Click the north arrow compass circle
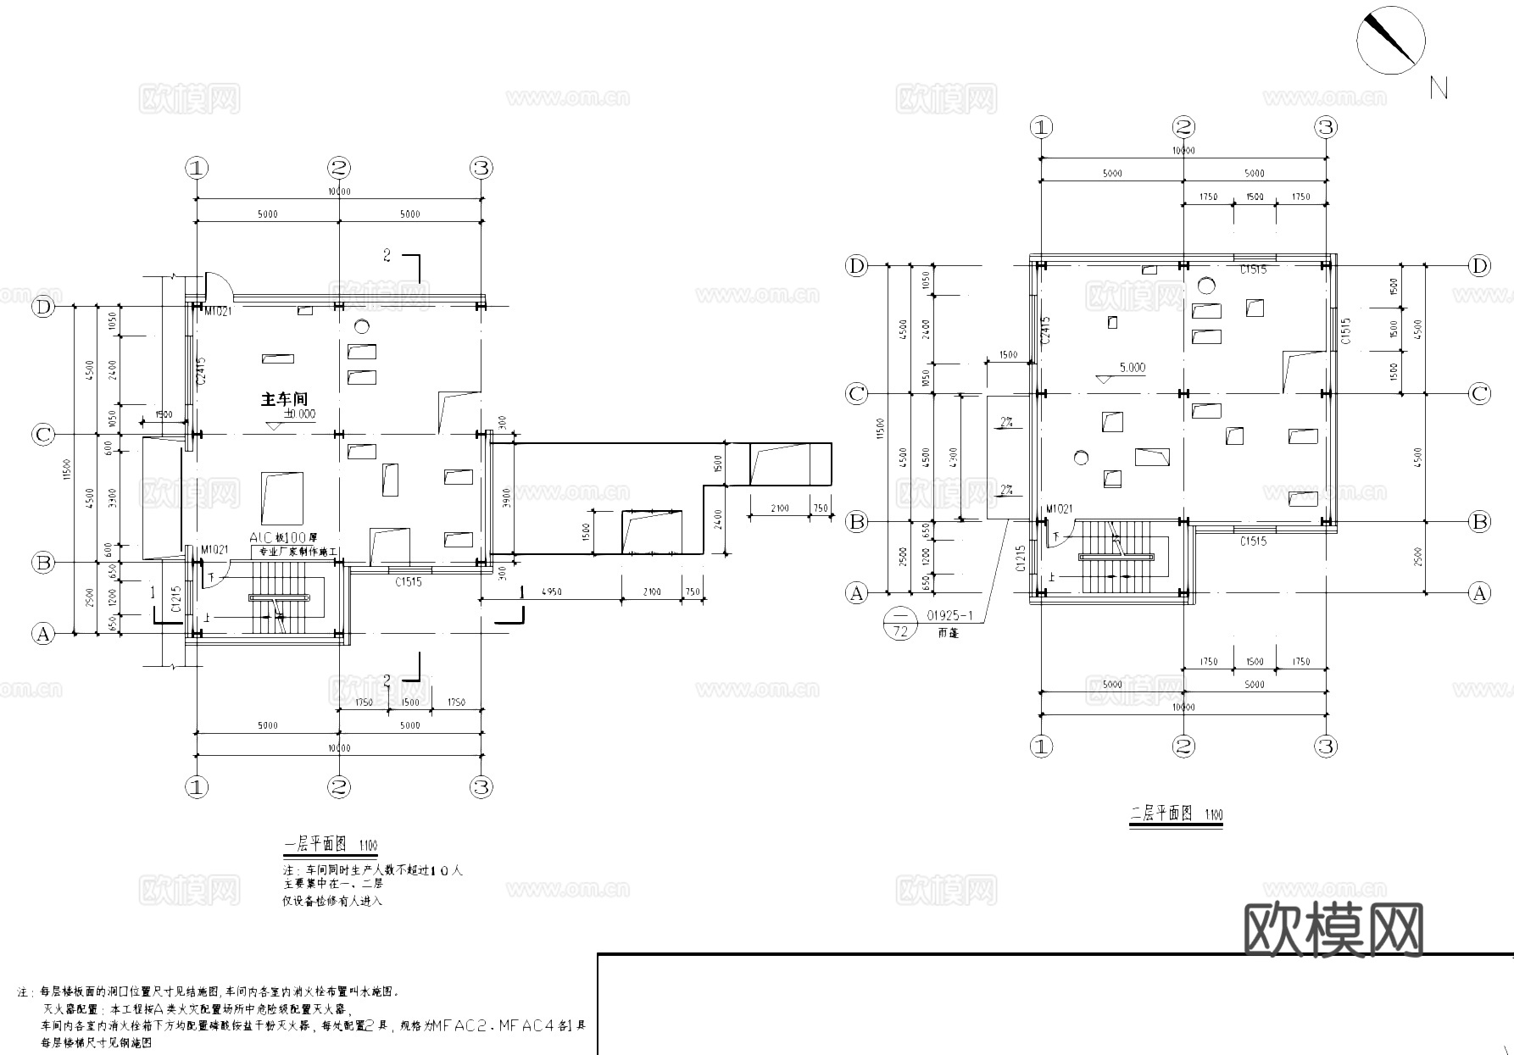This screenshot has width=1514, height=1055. (x=1390, y=40)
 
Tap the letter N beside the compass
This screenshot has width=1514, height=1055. (x=1439, y=88)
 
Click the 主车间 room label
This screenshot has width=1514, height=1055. (x=284, y=398)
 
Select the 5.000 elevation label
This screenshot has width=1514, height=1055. (x=1132, y=368)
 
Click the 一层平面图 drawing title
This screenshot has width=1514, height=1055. (x=314, y=845)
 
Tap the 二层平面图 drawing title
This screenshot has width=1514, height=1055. (x=1162, y=814)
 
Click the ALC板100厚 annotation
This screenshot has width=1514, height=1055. (x=283, y=538)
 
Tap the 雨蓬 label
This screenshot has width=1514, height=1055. (x=949, y=632)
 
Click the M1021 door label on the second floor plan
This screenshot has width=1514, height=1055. (x=1059, y=508)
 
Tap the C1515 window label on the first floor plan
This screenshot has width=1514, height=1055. (x=408, y=582)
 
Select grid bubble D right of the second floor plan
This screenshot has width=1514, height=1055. (x=1479, y=266)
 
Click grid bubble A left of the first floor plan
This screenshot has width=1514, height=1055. (x=42, y=634)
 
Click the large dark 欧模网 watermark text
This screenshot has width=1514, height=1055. (x=1333, y=930)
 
